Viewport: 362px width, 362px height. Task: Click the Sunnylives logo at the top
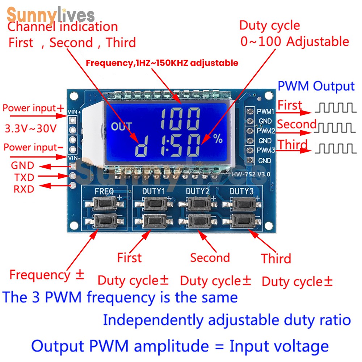(x=51, y=16)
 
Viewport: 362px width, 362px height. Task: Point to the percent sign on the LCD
(x=218, y=139)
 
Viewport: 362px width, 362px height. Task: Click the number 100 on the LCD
(x=180, y=119)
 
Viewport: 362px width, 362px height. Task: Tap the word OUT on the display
(x=122, y=127)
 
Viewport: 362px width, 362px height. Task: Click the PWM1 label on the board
(x=265, y=111)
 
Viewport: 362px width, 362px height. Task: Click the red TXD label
(x=24, y=177)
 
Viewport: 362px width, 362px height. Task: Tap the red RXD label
(x=24, y=189)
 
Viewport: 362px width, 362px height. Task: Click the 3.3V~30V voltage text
(x=30, y=128)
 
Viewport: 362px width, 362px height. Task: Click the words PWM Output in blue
(x=316, y=87)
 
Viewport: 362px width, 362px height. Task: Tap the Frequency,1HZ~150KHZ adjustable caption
(x=162, y=63)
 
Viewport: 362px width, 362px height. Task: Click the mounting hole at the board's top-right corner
(x=268, y=96)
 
